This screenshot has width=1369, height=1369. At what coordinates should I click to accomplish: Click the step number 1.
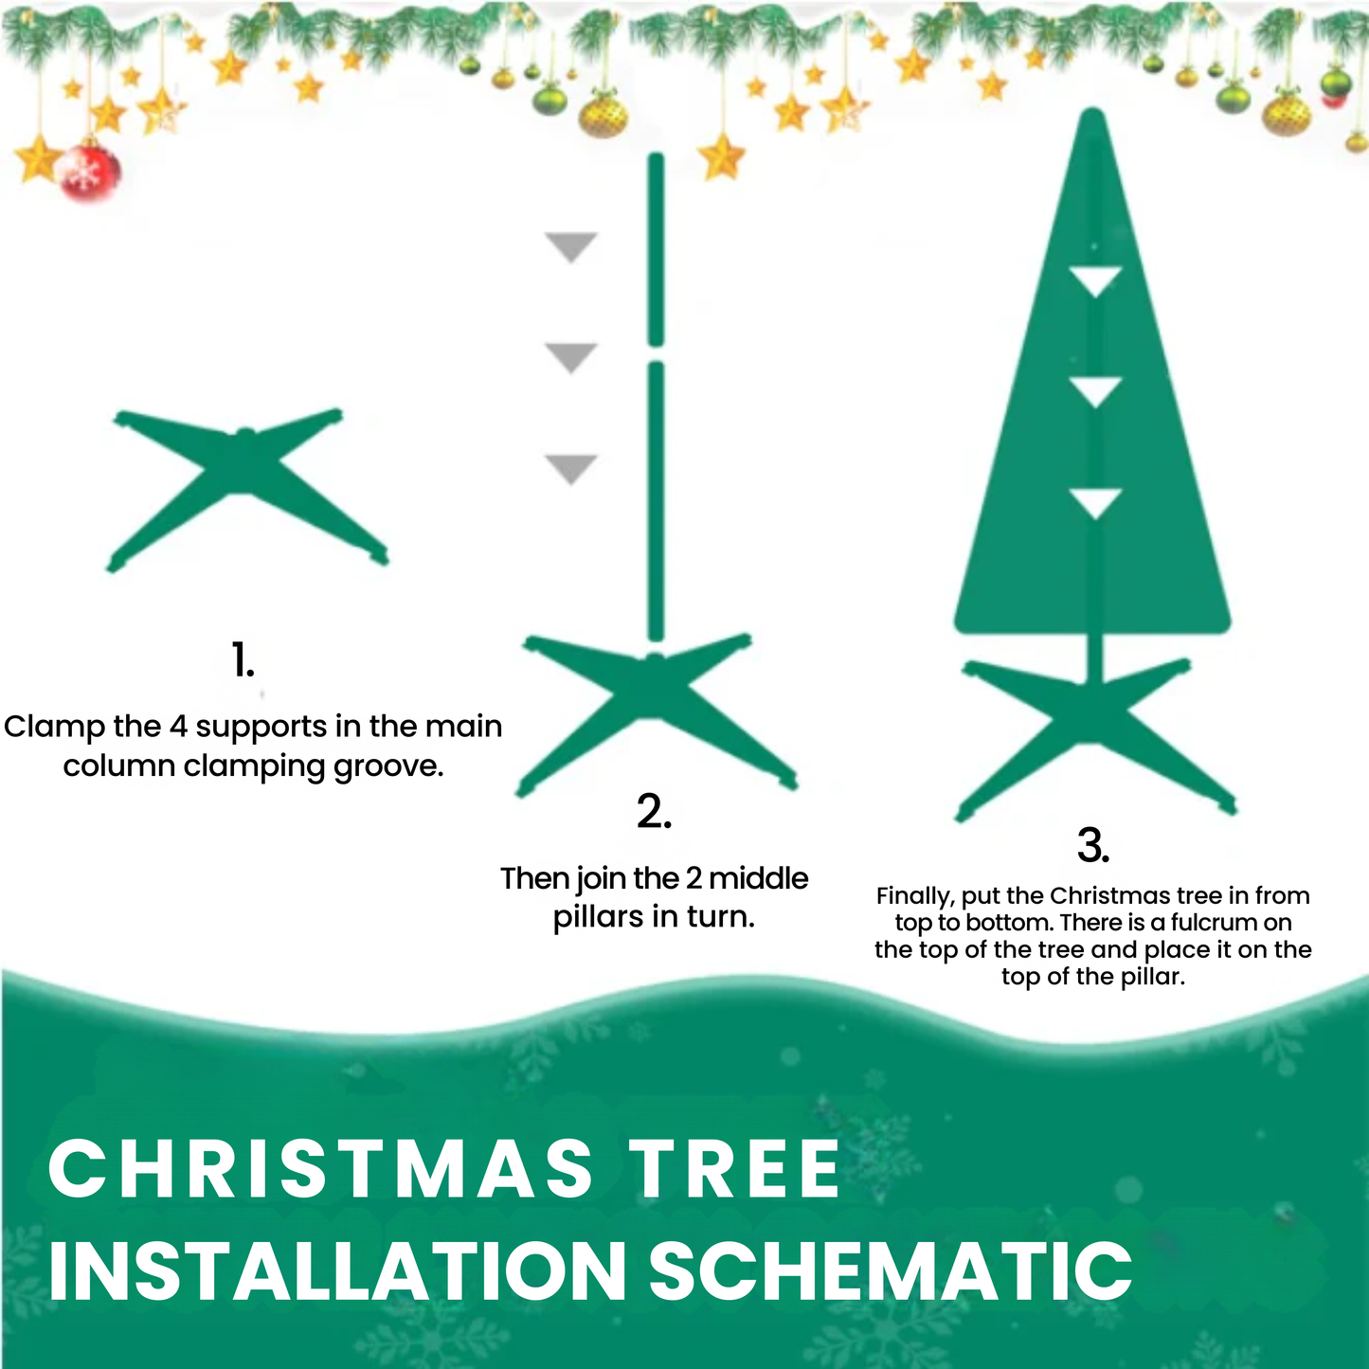coord(243,659)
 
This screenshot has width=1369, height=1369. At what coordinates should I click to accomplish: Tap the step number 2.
coord(654,812)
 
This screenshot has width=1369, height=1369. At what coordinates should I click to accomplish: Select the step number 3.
coord(1093,845)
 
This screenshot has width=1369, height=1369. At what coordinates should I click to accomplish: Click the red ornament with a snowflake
coord(91,172)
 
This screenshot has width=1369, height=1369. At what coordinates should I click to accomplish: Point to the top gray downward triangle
coord(570,246)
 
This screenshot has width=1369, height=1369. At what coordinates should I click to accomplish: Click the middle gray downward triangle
coord(570,357)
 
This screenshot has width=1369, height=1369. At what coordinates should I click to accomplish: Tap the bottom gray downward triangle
coord(570,468)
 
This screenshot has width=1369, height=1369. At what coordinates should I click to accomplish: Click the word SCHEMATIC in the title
coord(890,1270)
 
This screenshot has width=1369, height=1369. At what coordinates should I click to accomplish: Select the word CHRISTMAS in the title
coord(320,1168)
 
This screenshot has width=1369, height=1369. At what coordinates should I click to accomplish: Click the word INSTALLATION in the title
coord(337,1270)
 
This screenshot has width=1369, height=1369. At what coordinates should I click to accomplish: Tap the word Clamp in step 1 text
coord(54,727)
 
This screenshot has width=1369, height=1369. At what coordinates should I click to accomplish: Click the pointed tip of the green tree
coord(1093,116)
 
